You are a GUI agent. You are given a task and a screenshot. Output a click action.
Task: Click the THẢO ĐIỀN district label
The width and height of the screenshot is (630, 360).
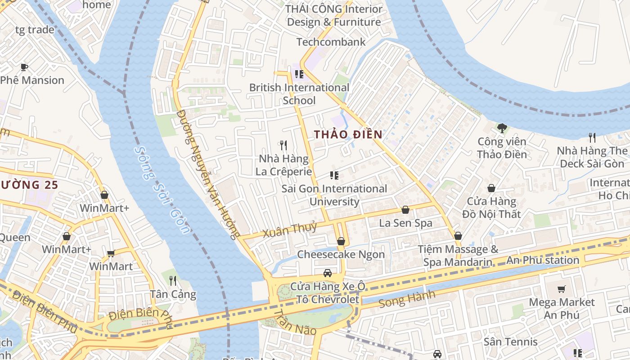click(x=348, y=134)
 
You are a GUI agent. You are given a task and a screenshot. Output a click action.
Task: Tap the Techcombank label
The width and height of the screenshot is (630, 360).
click(x=331, y=42)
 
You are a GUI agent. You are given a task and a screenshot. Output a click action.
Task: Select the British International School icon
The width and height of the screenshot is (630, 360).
click(x=299, y=74)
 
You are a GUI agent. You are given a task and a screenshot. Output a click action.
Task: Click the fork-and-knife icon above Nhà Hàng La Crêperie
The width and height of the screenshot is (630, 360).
click(x=283, y=145)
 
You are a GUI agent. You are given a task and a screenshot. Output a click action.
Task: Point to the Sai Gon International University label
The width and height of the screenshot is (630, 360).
click(x=334, y=195)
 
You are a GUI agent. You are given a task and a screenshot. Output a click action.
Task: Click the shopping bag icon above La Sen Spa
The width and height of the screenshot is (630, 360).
click(x=405, y=210)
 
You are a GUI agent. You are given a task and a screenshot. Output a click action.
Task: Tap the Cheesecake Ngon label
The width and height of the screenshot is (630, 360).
click(x=341, y=254)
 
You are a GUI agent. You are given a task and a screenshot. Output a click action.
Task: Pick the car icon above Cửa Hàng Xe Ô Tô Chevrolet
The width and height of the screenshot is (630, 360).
click(x=328, y=273)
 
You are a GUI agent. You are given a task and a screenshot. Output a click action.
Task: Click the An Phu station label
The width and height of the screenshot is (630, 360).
click(x=543, y=260)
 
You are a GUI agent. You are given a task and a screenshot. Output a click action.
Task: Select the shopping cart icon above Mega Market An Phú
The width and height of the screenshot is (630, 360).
click(x=561, y=289)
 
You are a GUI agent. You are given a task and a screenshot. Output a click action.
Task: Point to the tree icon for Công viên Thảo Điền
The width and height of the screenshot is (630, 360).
click(x=502, y=128)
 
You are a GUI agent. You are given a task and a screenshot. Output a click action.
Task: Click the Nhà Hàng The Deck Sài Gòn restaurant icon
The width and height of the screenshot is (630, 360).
click(x=592, y=137)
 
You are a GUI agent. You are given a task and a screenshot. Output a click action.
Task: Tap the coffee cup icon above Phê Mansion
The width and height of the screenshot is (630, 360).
click(x=24, y=67)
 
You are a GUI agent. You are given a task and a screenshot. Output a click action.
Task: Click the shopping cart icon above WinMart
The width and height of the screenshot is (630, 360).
click(x=111, y=253)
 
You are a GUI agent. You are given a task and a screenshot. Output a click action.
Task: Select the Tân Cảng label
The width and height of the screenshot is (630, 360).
click(x=173, y=294)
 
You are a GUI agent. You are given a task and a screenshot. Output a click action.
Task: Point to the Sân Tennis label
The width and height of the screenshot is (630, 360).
click(x=510, y=342)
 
